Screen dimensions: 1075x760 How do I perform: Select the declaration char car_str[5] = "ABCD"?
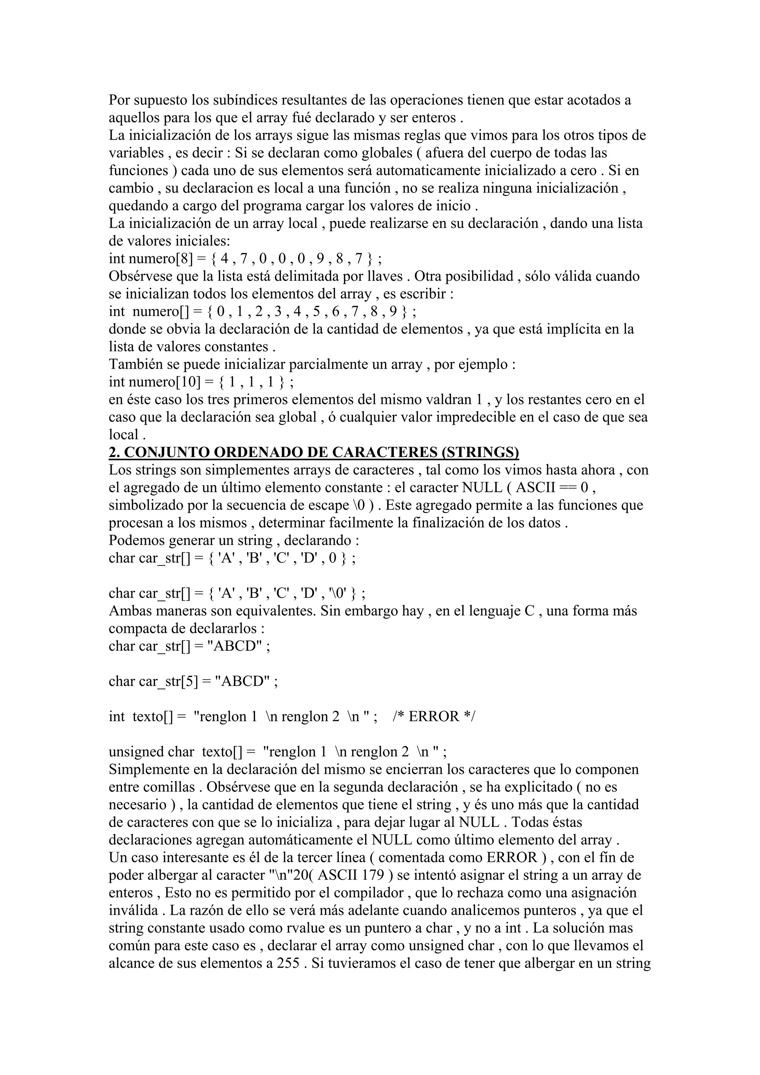point(193,681)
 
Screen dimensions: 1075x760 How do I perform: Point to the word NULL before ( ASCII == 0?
point(482,487)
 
